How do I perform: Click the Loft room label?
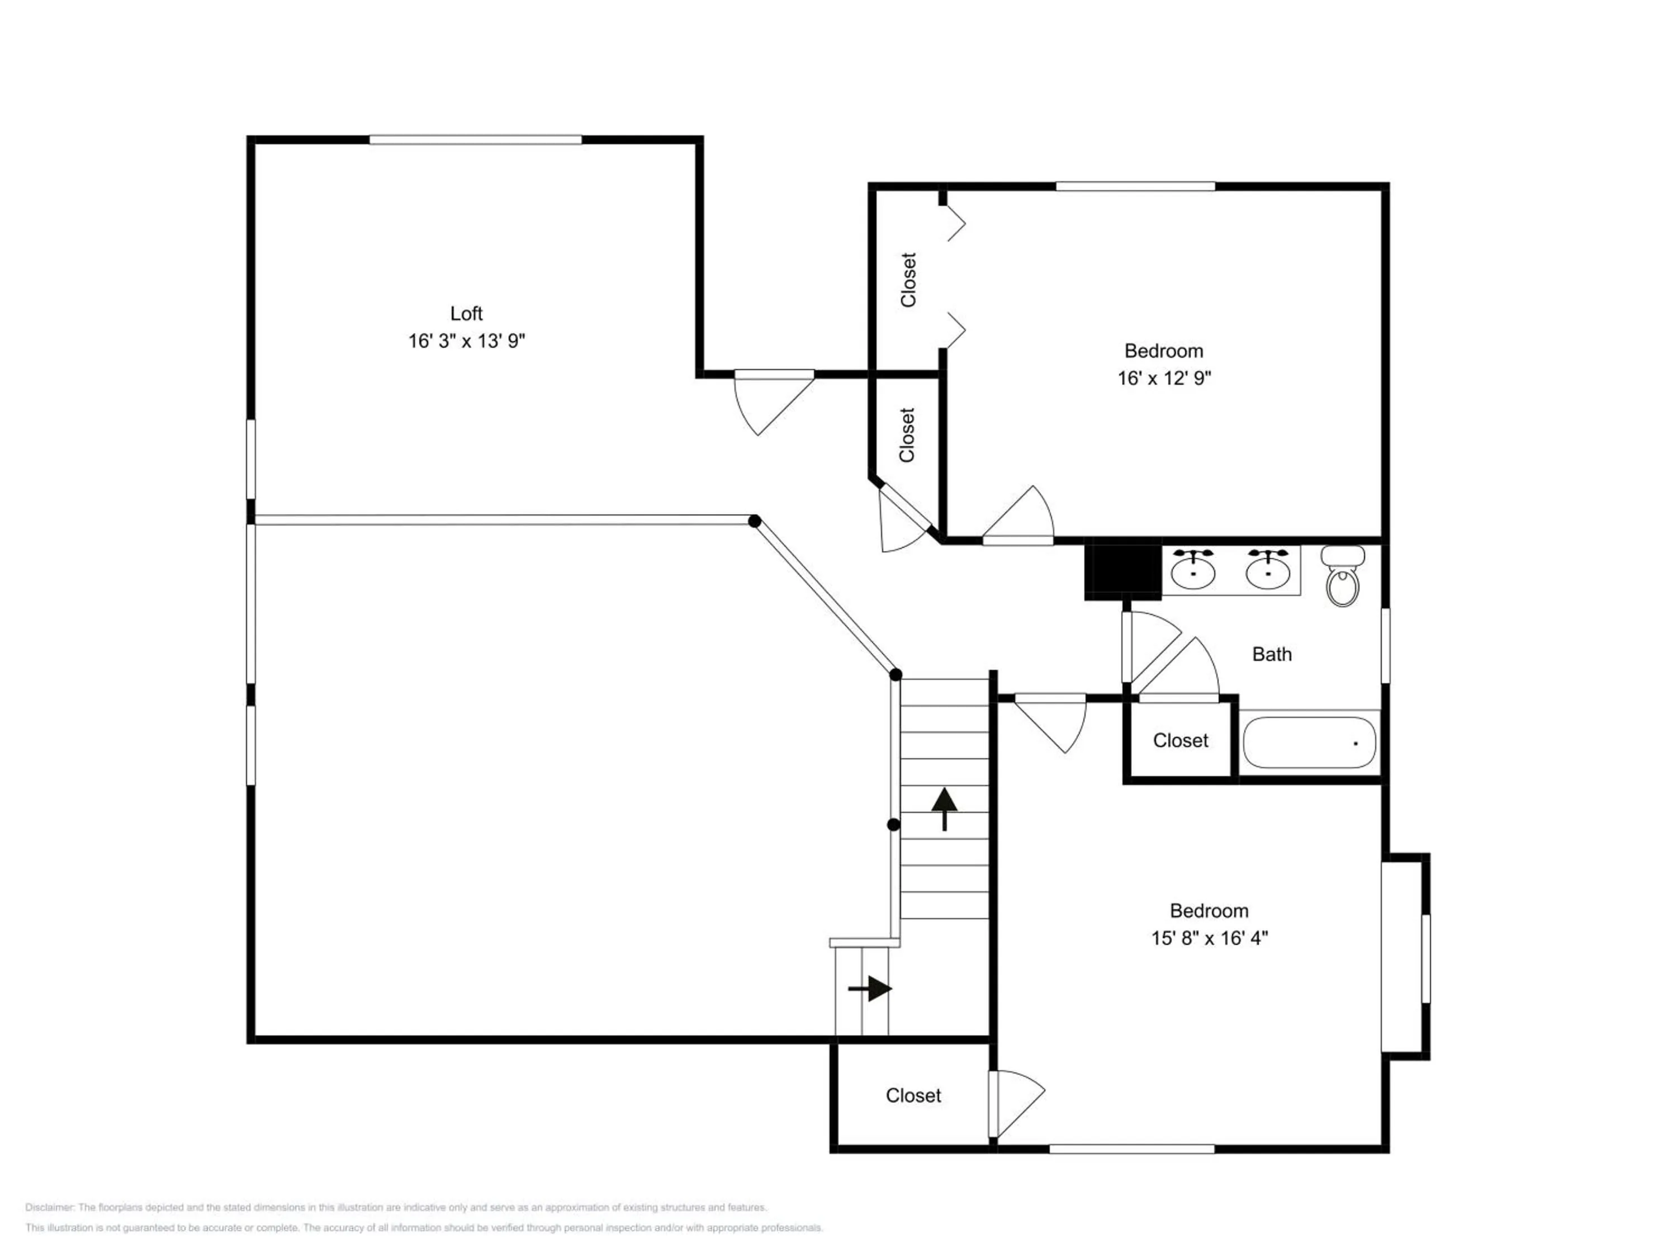[466, 313]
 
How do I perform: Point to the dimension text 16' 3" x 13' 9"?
[466, 341]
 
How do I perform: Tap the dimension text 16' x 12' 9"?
[1164, 377]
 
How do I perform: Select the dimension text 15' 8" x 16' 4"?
[1209, 938]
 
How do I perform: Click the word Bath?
[1271, 654]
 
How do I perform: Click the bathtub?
[1309, 742]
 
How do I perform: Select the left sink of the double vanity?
[1193, 570]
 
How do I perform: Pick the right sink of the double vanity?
[1268, 570]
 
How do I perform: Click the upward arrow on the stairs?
[944, 809]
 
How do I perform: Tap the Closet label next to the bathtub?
[1181, 740]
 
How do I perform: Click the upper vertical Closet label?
[908, 280]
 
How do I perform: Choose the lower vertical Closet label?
[907, 434]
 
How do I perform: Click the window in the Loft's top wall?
[475, 140]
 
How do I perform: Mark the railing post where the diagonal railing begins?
[754, 521]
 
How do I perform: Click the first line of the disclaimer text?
[396, 1207]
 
